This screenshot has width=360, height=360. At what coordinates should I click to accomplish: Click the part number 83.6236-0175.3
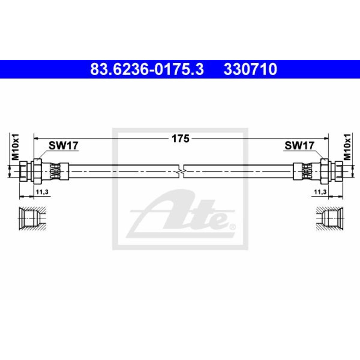(147, 69)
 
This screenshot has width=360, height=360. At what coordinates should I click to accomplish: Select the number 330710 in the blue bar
(250, 69)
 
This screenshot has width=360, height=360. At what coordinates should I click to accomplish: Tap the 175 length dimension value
(181, 139)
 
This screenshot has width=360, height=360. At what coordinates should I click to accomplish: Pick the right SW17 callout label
(299, 145)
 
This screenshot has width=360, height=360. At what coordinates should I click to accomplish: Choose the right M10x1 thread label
(347, 147)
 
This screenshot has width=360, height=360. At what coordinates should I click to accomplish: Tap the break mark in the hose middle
(181, 171)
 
